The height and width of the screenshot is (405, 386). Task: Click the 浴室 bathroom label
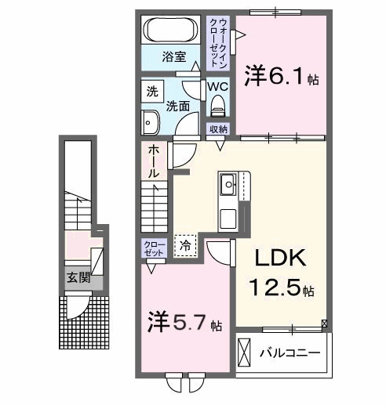pyautogui.click(x=173, y=56)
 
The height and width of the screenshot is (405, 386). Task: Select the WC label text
pyautogui.click(x=218, y=87)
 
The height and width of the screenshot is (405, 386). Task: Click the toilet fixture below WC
pyautogui.click(x=217, y=106)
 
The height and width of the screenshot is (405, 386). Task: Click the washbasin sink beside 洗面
pyautogui.click(x=151, y=122)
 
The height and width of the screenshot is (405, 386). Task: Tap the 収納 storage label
pyautogui.click(x=218, y=128)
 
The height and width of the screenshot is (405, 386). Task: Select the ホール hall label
pyautogui.click(x=154, y=160)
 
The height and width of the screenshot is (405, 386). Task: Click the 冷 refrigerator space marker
pyautogui.click(x=185, y=245)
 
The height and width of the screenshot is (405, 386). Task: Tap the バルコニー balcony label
pyautogui.click(x=290, y=353)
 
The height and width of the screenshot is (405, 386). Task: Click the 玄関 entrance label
pyautogui.click(x=77, y=277)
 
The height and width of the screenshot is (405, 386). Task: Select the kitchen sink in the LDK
pyautogui.click(x=230, y=186)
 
